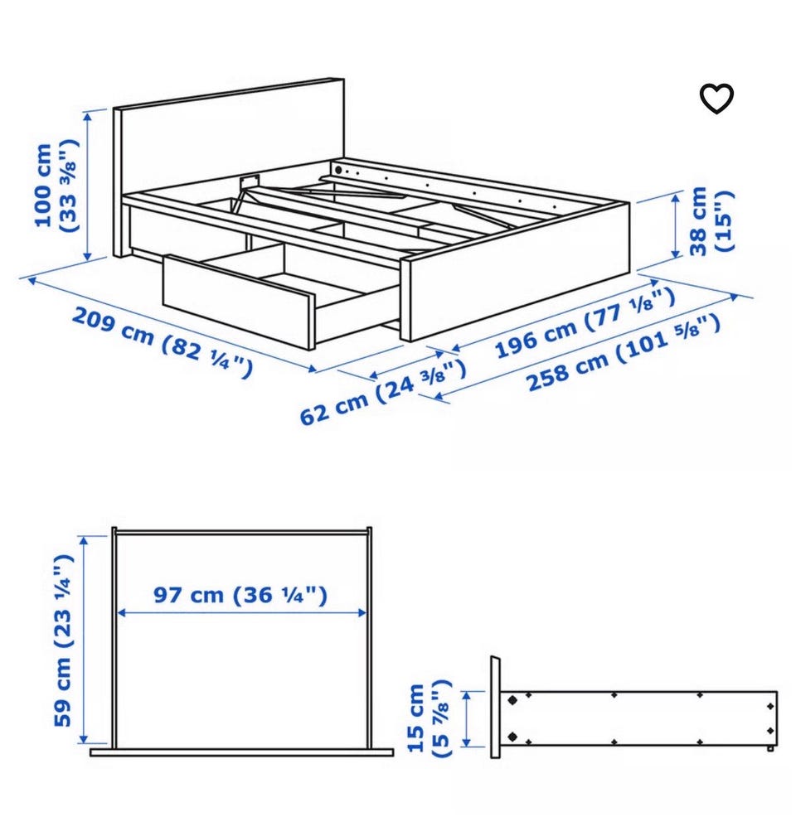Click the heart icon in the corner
point(716,98)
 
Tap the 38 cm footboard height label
point(711,221)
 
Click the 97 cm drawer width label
point(240,594)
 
